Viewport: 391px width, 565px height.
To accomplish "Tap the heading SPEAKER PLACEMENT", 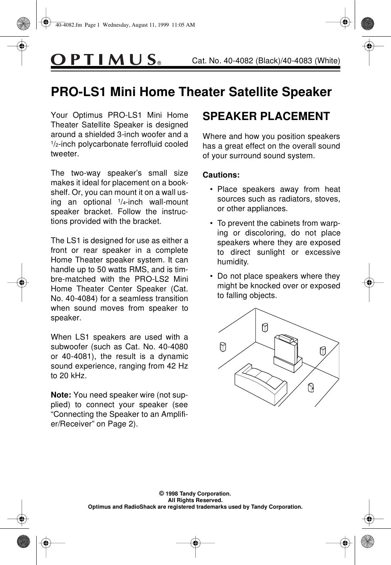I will (266, 116).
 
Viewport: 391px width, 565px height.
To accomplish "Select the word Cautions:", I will (221, 175).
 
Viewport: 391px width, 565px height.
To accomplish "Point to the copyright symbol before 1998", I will (162, 494).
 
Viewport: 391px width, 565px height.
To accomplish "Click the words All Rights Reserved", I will (195, 500).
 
